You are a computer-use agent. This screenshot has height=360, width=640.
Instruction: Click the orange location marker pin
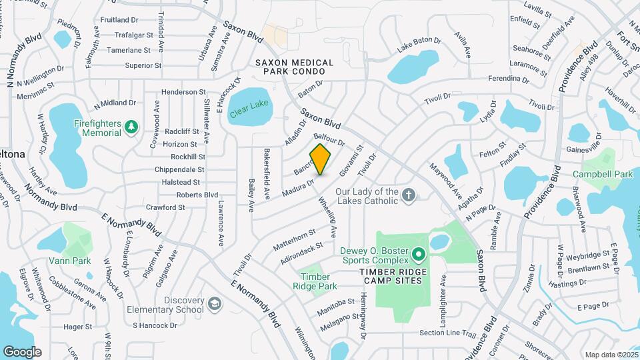point(321,159)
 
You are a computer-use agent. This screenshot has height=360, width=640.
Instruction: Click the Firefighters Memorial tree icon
point(131,125)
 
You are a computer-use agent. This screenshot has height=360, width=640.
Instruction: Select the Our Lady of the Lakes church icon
point(410,195)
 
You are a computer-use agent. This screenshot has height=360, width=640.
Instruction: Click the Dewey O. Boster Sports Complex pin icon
point(418,254)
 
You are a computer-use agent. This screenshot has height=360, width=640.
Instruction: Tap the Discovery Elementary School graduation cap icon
point(215,305)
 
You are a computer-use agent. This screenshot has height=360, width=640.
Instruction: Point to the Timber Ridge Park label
point(311,281)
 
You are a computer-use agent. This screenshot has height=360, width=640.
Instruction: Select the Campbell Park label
point(605,174)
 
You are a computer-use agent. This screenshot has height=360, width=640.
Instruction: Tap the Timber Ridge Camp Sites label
point(393,281)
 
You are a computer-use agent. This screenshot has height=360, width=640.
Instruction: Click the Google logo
point(22,352)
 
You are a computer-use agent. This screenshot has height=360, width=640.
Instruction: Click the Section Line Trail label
point(447,333)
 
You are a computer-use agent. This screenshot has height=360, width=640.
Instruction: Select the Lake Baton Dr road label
point(419,45)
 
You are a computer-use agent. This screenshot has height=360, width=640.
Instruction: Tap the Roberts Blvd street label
point(197,195)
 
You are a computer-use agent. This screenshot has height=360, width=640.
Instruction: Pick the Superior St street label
point(143,65)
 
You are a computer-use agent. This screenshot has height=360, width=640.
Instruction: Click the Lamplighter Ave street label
point(443,296)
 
